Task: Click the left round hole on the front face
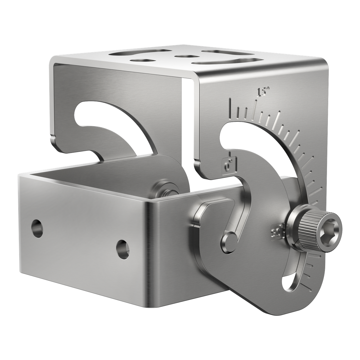(x=37, y=228)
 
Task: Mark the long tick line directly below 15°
(x=256, y=108)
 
